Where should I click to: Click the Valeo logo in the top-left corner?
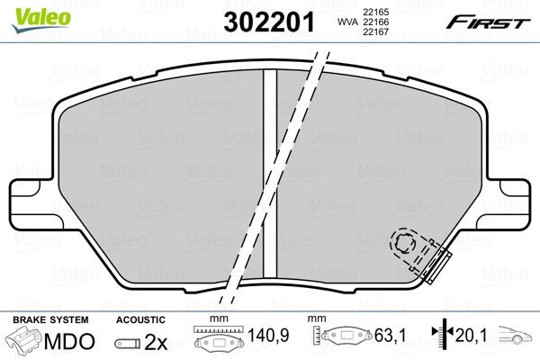tap(28, 11)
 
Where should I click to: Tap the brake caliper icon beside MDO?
tap(23, 342)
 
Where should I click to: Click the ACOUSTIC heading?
tap(140, 319)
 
